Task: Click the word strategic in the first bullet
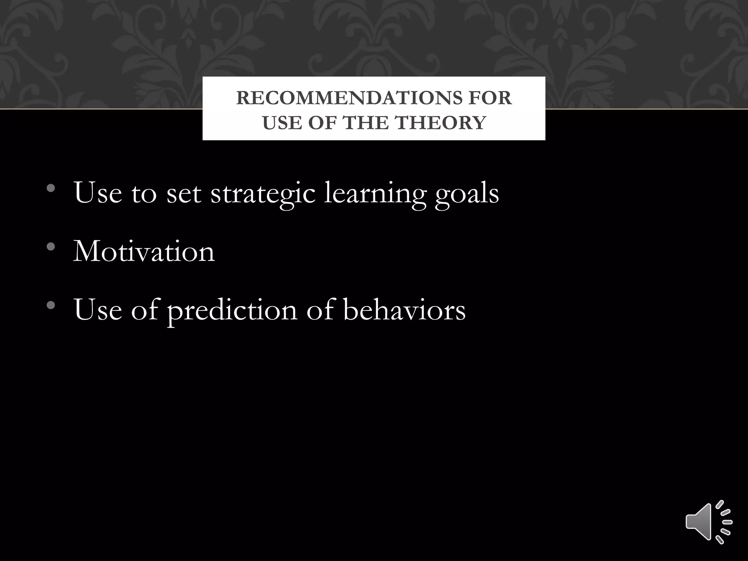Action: tap(263, 193)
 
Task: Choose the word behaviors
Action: tap(404, 310)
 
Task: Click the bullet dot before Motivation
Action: tap(51, 247)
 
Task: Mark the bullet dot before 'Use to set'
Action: tap(51, 189)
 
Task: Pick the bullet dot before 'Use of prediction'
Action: tap(51, 305)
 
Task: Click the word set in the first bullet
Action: tap(184, 193)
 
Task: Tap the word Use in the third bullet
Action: tap(98, 310)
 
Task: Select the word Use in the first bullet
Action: tap(98, 193)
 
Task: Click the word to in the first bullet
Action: tap(144, 193)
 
